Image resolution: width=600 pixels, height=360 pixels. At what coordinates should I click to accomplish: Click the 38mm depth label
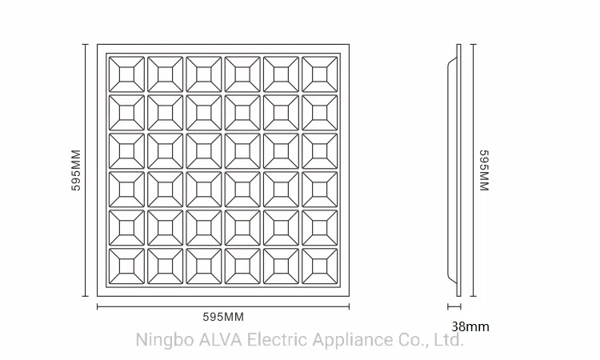(x=470, y=326)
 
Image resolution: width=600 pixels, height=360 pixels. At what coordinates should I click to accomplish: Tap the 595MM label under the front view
(x=223, y=317)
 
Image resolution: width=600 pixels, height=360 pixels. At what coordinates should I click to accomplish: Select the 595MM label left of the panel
(x=76, y=170)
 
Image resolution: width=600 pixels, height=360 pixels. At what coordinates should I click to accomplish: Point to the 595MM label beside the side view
(x=485, y=170)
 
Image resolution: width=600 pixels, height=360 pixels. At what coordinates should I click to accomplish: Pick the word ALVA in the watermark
(x=221, y=339)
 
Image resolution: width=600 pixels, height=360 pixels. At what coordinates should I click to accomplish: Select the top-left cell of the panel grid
(x=126, y=74)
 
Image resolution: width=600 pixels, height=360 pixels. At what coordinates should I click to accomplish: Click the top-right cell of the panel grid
(x=320, y=74)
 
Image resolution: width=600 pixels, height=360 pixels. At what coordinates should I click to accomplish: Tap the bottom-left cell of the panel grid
(x=126, y=266)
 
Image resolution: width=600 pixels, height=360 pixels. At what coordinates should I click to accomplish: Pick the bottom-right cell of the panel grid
(x=320, y=266)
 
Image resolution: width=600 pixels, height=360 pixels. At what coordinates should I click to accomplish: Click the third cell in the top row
(x=204, y=74)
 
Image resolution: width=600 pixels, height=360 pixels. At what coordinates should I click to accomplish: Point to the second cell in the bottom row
(x=166, y=266)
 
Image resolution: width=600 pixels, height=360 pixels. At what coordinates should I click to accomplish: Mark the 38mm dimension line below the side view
(x=454, y=306)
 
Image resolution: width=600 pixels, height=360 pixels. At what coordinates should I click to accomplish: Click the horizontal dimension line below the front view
(x=223, y=306)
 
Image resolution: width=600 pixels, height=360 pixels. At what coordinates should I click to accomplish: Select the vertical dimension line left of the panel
(x=86, y=170)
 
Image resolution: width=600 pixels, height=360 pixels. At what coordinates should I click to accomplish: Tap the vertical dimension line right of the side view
(x=474, y=170)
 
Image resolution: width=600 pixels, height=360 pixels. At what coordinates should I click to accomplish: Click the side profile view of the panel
(x=454, y=170)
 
